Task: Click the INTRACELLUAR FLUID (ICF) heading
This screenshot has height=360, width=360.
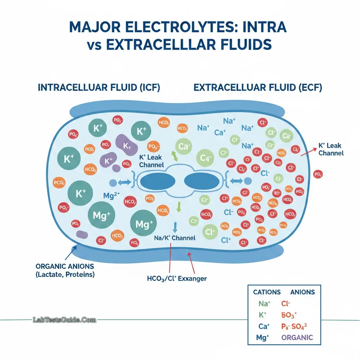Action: tap(99, 88)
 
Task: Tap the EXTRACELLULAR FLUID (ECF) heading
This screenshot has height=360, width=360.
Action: tap(258, 88)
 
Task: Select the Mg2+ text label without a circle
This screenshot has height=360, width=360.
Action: tap(112, 196)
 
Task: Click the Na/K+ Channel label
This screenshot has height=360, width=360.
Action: tap(175, 238)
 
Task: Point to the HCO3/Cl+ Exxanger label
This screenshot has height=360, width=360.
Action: tap(177, 278)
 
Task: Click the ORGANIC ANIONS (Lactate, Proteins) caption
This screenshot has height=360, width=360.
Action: tap(65, 270)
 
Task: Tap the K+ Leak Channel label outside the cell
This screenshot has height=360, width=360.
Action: tap(330, 149)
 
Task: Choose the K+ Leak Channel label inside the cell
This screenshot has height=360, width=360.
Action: tap(151, 161)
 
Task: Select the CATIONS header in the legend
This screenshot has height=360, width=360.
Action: tap(267, 292)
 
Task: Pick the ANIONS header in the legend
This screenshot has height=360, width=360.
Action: tap(303, 292)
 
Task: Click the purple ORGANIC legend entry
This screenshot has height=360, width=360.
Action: tap(297, 337)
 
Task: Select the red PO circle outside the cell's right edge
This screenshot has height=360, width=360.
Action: tap(318, 174)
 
